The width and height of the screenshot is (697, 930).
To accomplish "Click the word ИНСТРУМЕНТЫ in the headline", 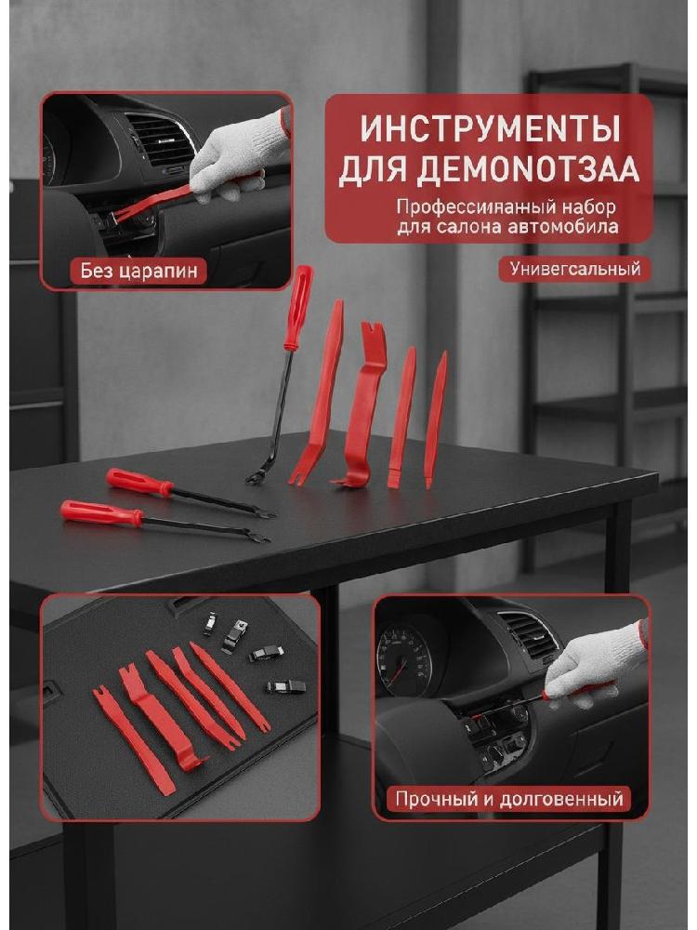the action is (x=490, y=128).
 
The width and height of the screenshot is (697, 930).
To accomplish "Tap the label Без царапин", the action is (x=138, y=271).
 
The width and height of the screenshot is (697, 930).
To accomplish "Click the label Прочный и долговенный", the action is (x=509, y=799).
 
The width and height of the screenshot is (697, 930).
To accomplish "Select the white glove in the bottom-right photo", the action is (x=595, y=663).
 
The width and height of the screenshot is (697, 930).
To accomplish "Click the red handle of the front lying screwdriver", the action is (x=102, y=512).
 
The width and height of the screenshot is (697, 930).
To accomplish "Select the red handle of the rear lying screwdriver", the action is (x=139, y=482).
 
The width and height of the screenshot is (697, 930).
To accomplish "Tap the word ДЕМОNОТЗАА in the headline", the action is (x=490, y=169).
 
